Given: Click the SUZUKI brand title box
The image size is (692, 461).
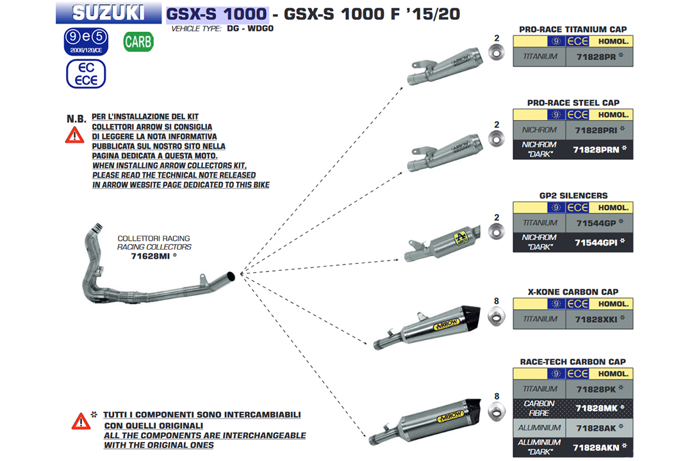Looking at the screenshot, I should coord(108,12).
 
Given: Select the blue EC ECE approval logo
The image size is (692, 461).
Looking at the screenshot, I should coord(86,74).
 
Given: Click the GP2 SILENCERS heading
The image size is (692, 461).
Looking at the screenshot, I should coord(573,195).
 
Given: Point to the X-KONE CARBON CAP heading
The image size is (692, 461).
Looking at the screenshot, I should coord(573,291).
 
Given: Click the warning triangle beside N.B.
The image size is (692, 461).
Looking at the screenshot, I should coord(75,135).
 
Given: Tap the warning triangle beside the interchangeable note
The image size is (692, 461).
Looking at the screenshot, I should coord(81,421).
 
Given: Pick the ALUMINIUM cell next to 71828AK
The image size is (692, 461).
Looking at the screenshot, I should coord(540,427).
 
